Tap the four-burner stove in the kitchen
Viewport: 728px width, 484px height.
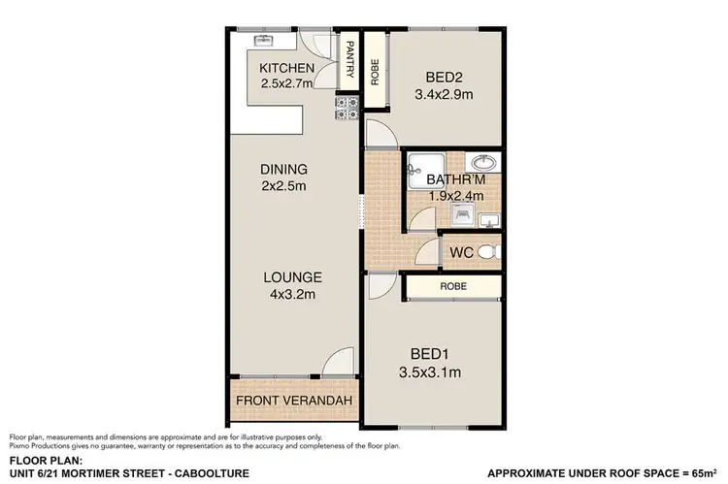click(347, 109)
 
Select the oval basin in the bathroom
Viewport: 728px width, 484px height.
click(482, 163)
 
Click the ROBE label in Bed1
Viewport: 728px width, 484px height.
click(453, 287)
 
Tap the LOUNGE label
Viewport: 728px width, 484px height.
click(292, 277)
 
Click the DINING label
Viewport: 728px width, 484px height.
click(283, 169)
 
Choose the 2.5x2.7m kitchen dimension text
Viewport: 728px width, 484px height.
click(287, 83)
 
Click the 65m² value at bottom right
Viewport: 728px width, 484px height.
click(700, 472)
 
